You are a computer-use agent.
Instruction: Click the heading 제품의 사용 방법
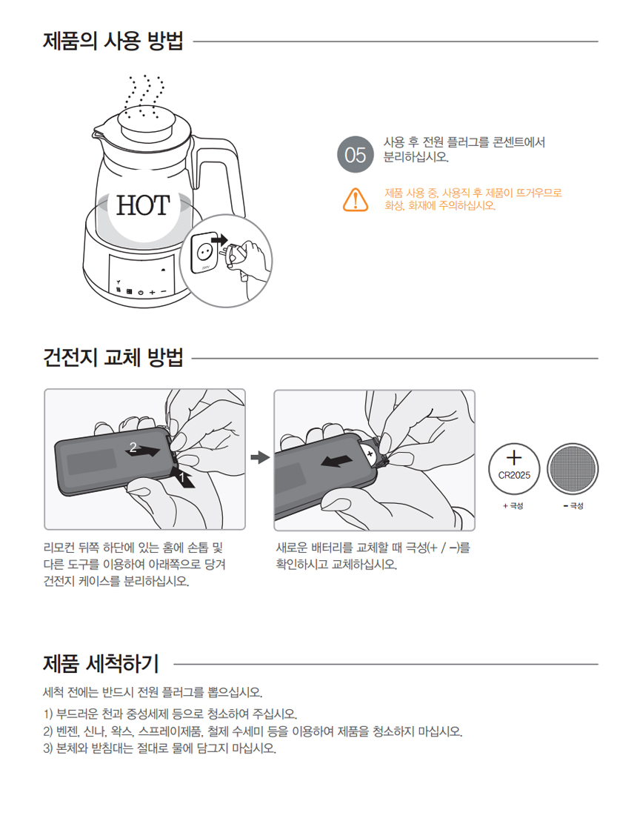[x=113, y=41]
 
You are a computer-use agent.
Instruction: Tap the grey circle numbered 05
[x=355, y=154]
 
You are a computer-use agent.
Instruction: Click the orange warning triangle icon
[x=355, y=199]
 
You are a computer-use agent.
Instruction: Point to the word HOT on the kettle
[x=143, y=205]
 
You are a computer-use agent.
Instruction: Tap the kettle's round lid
[x=147, y=121]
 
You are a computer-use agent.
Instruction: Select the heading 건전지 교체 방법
[x=113, y=357]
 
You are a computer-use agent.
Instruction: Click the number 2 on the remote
[x=133, y=448]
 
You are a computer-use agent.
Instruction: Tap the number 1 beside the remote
[x=181, y=477]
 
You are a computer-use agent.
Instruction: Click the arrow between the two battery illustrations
[x=260, y=457]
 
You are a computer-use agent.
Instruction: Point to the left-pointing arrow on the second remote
[x=336, y=461]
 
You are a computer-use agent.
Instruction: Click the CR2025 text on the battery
[x=514, y=475]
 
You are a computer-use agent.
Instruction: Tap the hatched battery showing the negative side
[x=573, y=468]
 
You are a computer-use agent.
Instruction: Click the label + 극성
[x=513, y=505]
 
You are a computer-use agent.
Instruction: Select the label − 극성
[x=573, y=505]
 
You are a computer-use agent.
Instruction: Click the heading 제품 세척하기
[x=101, y=664]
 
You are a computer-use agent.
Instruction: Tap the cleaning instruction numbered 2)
[x=253, y=731]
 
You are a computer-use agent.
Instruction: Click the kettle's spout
[x=100, y=134]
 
